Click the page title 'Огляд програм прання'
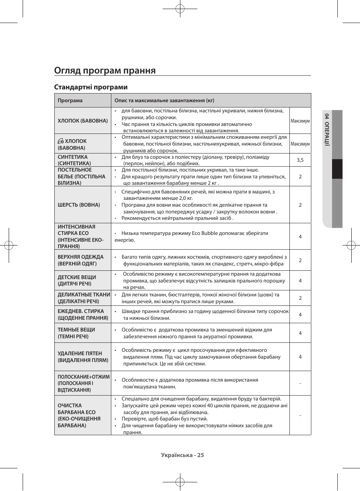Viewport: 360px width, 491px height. tap(105, 71)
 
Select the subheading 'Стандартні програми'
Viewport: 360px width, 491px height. tap(91, 87)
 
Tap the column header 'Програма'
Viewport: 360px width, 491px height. tap(70, 101)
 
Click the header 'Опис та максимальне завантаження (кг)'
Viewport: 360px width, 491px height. tap(164, 101)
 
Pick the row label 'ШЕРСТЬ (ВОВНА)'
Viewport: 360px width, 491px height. tap(78, 205)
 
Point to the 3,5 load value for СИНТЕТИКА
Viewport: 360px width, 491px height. tap(300, 160)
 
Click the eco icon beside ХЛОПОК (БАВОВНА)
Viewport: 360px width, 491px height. tap(61, 141)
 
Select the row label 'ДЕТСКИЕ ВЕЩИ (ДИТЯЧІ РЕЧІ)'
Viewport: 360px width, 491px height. tap(77, 280)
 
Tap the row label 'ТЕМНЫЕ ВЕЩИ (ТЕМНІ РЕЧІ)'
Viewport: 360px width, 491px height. tap(76, 333)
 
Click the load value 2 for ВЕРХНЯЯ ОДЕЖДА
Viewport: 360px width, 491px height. tap(300, 260)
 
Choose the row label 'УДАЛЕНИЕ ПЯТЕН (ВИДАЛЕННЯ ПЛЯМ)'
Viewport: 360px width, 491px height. tap(83, 357)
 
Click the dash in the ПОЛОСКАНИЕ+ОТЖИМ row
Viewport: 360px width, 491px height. tap(300, 383)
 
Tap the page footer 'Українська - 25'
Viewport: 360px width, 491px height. tap(182, 455)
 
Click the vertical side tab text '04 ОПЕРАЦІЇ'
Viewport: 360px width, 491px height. tap(327, 129)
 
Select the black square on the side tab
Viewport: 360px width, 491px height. tap(337, 169)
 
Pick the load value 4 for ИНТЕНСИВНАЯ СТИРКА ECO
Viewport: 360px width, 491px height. tap(300, 236)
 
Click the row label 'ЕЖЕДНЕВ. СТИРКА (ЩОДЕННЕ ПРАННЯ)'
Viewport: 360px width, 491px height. tap(82, 315)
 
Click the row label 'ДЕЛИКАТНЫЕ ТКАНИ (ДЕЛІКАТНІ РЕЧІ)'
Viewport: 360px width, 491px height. tap(84, 298)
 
